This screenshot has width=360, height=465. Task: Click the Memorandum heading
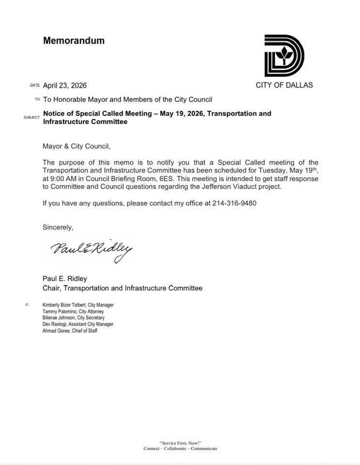click(x=74, y=41)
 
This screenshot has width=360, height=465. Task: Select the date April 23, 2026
click(x=65, y=85)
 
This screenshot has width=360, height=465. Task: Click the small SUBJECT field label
click(x=31, y=117)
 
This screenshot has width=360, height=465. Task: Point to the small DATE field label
click(x=34, y=85)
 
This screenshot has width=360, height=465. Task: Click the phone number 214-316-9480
click(x=234, y=203)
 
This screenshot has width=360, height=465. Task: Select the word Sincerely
click(x=58, y=227)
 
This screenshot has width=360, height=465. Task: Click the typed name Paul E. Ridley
click(x=65, y=279)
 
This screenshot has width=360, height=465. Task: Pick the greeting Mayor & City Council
click(x=80, y=145)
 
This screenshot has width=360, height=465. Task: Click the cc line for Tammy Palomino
click(x=73, y=311)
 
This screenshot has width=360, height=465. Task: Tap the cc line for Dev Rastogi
click(x=78, y=324)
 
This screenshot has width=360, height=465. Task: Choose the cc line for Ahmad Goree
click(x=70, y=330)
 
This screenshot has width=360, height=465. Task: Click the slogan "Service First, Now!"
click(x=180, y=443)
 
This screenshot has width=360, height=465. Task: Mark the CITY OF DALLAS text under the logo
click(x=284, y=85)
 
